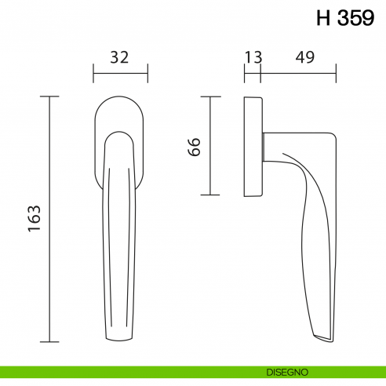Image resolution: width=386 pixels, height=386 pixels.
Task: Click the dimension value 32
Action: pyautogui.click(x=119, y=57)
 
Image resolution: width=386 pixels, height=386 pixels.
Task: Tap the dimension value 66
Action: pyautogui.click(x=195, y=146)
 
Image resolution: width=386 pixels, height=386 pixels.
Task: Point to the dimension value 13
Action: pyautogui.click(x=253, y=57)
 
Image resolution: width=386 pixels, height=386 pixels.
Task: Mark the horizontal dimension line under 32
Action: pyautogui.click(x=120, y=76)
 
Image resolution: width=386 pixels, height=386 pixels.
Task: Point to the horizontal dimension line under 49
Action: pyautogui.click(x=298, y=76)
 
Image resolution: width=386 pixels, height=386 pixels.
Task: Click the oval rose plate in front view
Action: pyautogui.click(x=120, y=114)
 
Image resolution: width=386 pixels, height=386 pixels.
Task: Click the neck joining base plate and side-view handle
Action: pyautogui.click(x=271, y=147)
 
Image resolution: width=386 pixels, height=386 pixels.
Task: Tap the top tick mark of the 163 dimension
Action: pyautogui.click(x=50, y=96)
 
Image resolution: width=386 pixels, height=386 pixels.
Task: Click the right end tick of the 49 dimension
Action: pyautogui.click(x=337, y=76)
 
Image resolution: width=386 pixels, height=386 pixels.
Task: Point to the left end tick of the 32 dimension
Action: pyautogui.click(x=93, y=76)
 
